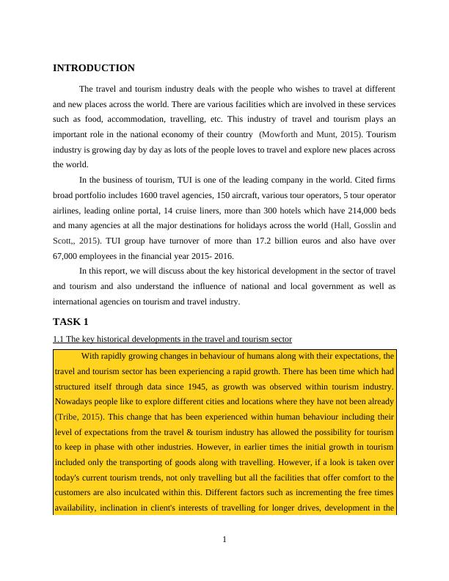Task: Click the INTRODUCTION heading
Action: pyautogui.click(x=94, y=68)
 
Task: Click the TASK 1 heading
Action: pyautogui.click(x=70, y=322)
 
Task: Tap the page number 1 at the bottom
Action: pyautogui.click(x=224, y=541)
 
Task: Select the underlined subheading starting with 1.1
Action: pyautogui.click(x=172, y=339)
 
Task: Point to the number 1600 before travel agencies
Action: pyautogui.click(x=145, y=196)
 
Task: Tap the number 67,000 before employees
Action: pyautogui.click(x=67, y=255)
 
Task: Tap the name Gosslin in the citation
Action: pyautogui.click(x=365, y=225)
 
